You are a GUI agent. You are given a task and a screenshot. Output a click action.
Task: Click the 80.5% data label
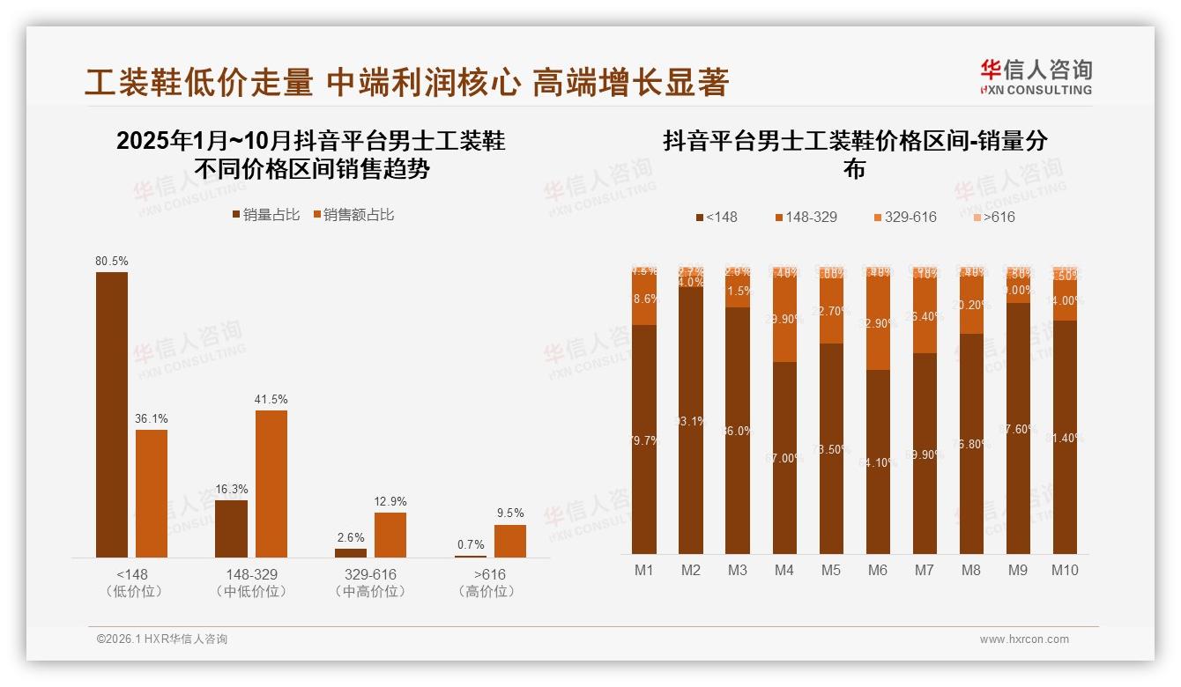(112, 261)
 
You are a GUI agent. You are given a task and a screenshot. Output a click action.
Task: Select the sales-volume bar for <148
(112, 414)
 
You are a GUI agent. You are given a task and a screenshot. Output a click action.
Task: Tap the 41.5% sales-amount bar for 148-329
(271, 484)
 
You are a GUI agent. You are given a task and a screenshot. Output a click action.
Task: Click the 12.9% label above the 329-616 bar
(390, 501)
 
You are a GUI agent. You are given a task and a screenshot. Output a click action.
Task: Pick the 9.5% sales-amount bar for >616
(509, 541)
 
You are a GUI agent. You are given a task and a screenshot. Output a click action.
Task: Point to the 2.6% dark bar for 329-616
(351, 553)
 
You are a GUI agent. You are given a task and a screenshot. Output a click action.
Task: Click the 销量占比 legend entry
(265, 215)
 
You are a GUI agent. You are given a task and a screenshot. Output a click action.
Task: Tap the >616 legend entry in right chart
(993, 217)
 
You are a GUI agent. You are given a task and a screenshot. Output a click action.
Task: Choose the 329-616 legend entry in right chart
(904, 217)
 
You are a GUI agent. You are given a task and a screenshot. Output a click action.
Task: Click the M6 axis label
(878, 570)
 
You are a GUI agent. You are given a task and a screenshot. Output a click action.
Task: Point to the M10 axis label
(1065, 570)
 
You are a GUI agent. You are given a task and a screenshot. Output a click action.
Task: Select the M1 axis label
(644, 570)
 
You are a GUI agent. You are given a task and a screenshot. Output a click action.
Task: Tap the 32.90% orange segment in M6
(878, 323)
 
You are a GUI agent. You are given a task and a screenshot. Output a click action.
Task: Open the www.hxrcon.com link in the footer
(1023, 639)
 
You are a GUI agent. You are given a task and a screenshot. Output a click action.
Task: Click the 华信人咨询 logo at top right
(1036, 77)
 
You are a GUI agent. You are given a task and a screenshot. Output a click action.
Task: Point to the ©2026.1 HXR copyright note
(161, 639)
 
